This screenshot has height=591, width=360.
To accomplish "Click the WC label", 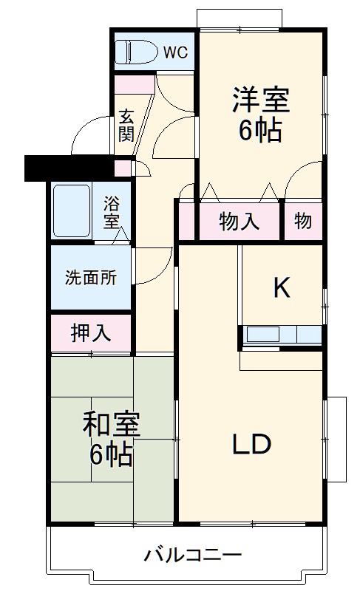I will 176,52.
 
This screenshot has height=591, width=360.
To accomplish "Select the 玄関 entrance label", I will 126,126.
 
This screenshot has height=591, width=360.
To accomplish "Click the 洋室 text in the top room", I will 259,100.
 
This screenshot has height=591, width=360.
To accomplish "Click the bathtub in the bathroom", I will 72,211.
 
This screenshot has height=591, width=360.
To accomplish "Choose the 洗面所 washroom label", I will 90,278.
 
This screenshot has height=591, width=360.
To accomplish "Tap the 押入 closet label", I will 90,333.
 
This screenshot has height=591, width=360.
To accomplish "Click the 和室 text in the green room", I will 111,426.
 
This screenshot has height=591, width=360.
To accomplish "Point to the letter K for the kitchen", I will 281,288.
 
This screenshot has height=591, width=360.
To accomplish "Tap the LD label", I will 252,445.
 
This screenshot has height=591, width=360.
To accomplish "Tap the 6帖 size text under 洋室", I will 259,131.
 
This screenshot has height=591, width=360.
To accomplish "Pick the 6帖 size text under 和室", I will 111,456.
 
